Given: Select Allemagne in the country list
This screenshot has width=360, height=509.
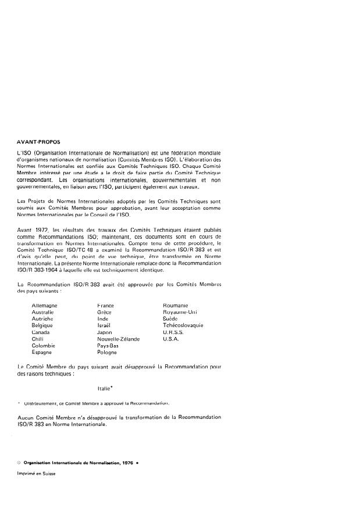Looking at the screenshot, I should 44,305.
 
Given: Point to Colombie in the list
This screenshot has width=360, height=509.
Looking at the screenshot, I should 43,346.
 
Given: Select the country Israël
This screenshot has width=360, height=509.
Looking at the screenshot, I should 104,325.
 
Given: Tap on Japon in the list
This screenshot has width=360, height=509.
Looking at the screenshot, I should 105,332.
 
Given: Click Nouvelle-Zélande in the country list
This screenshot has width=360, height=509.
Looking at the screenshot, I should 116,339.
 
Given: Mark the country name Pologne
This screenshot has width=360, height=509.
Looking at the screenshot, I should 107,352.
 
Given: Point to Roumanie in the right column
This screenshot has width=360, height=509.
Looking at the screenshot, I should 176,305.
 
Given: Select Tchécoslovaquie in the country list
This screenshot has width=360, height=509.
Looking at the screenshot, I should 183,325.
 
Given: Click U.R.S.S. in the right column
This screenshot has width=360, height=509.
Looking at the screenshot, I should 174,332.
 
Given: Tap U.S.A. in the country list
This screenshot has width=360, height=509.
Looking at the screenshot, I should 172,339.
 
